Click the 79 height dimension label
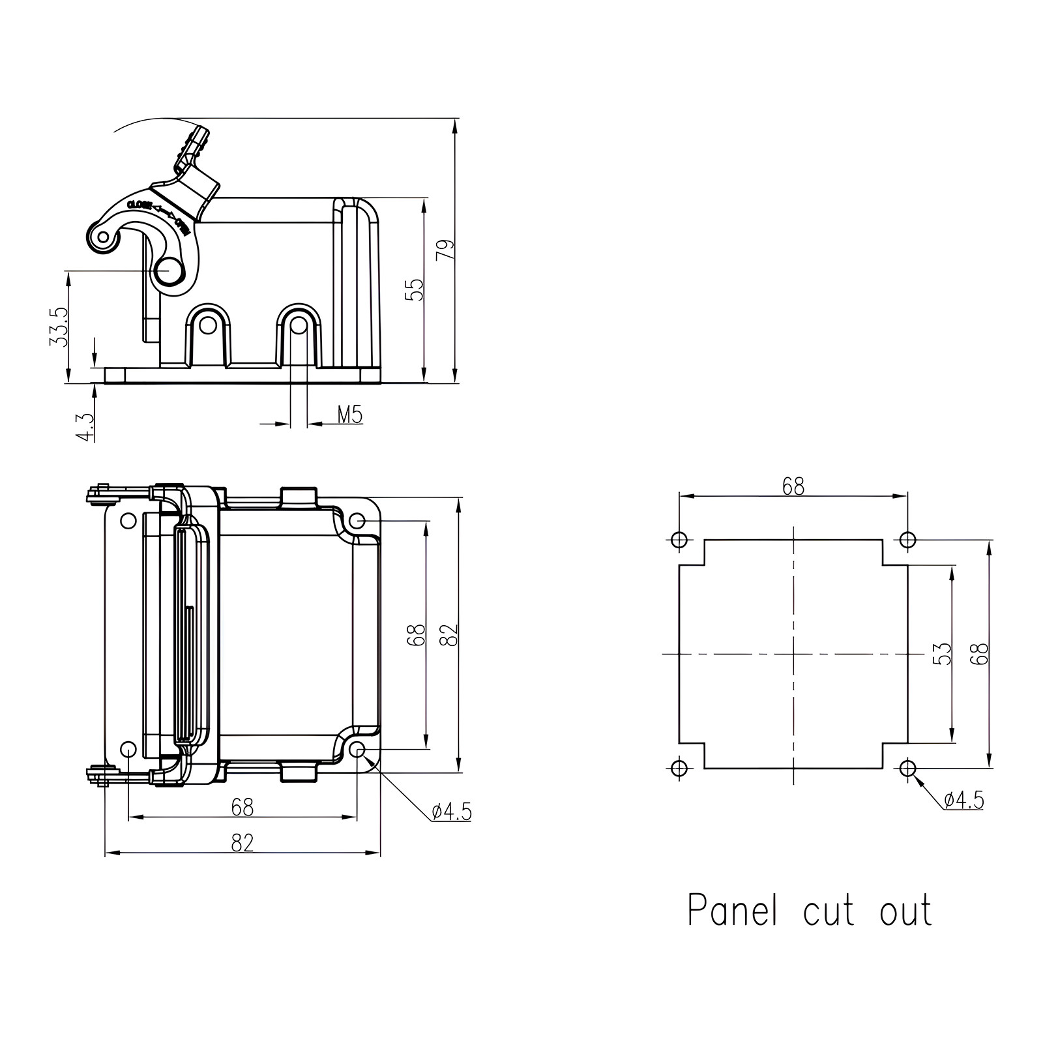click(445, 250)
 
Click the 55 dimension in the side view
click(415, 289)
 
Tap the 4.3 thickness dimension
click(85, 427)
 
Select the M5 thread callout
click(350, 415)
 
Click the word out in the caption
click(906, 911)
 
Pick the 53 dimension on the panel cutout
click(943, 654)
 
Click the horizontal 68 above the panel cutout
click(793, 486)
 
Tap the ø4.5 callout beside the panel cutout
click(964, 800)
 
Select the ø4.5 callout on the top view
click(451, 812)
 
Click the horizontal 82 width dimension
click(242, 843)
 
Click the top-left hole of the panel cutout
click(679, 540)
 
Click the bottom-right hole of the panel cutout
click(907, 769)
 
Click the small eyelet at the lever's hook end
click(102, 237)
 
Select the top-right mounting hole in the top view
click(357, 521)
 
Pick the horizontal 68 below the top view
click(242, 808)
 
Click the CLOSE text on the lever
click(140, 205)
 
